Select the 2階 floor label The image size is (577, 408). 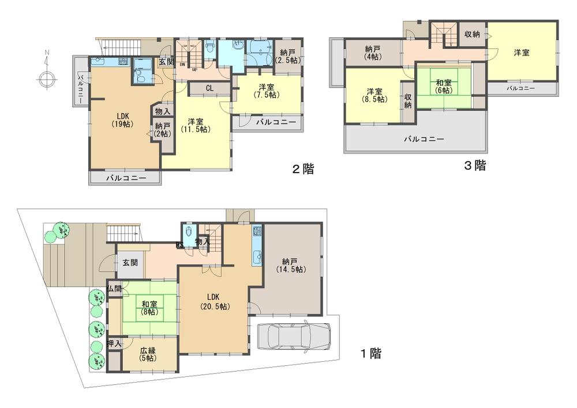tap(302, 170)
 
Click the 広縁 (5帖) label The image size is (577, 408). tap(148, 354)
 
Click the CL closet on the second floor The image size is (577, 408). tap(209, 88)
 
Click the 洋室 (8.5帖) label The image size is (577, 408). tap(375, 95)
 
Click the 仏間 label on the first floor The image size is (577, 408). tap(114, 288)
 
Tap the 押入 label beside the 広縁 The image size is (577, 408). tap(114, 344)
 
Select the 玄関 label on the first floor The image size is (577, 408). tap(130, 262)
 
